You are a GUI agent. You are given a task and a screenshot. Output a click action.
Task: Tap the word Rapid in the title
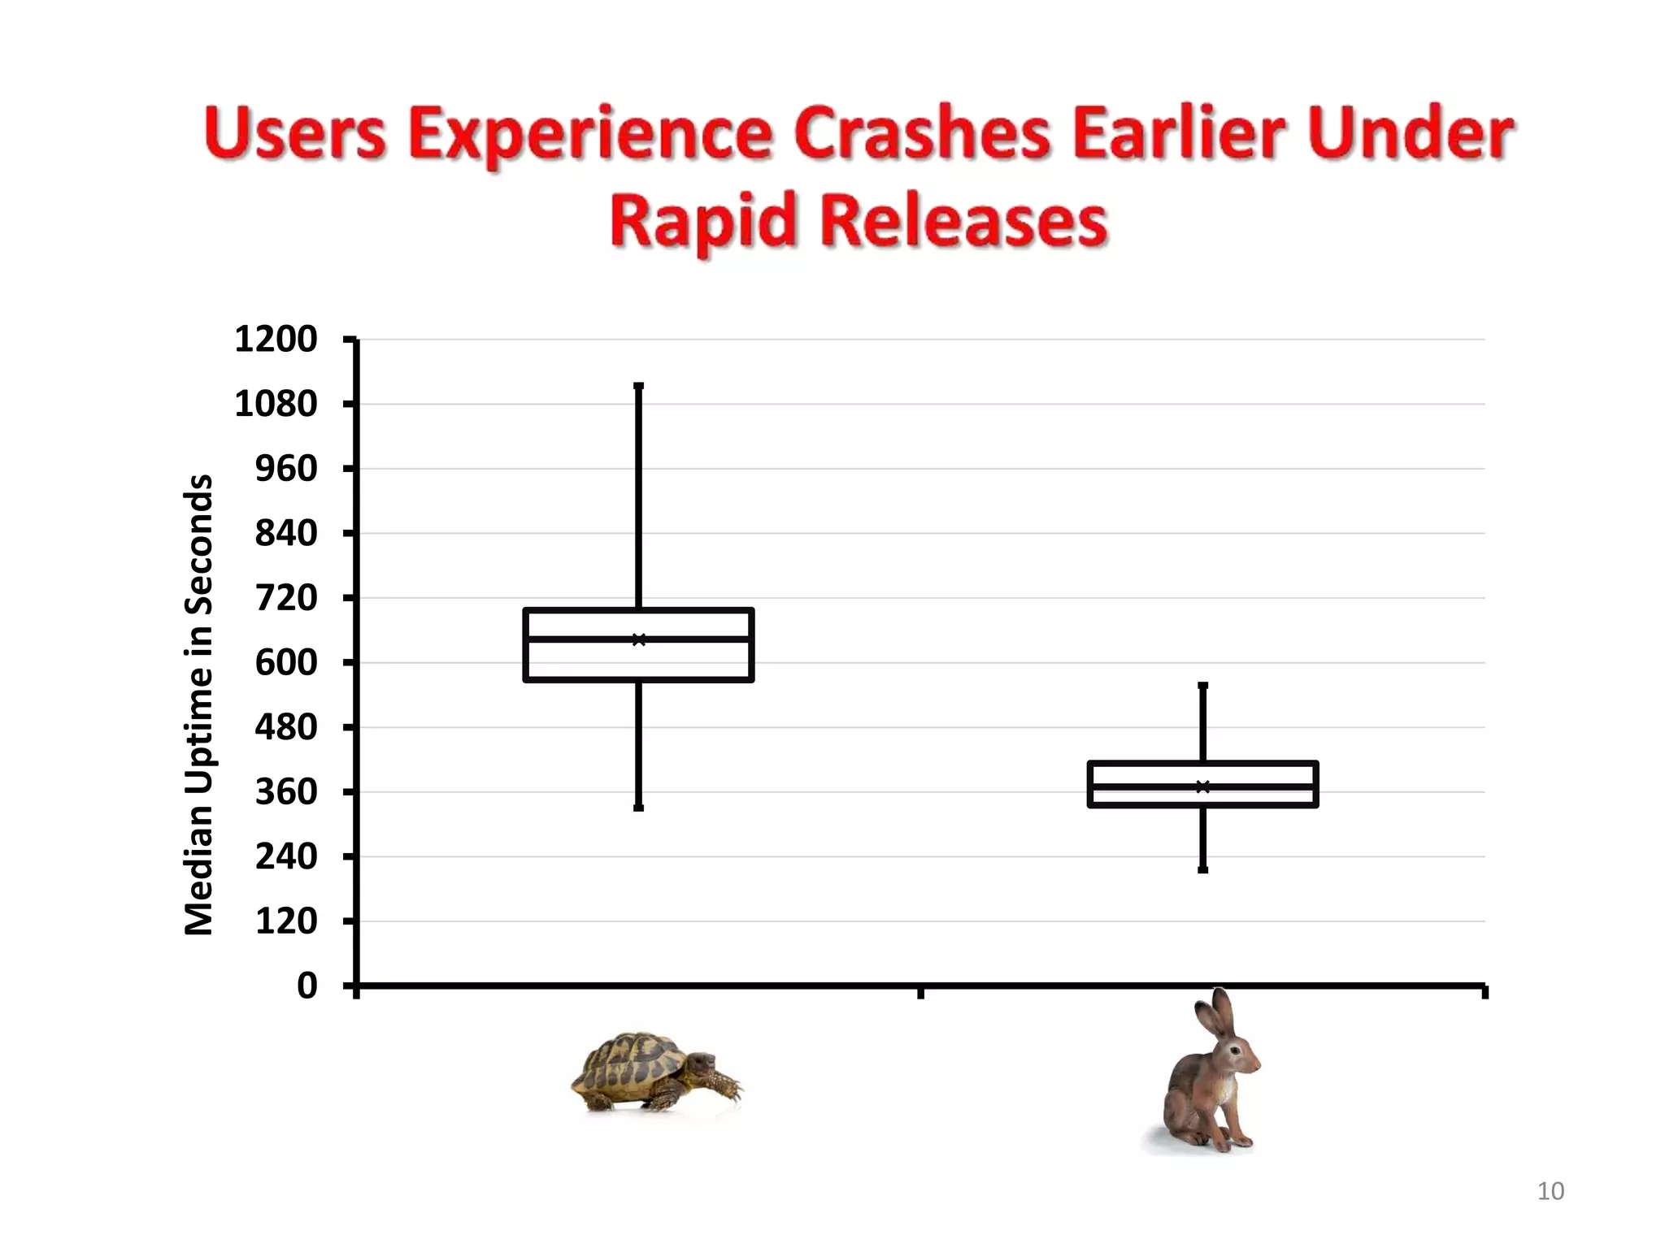pyautogui.click(x=702, y=221)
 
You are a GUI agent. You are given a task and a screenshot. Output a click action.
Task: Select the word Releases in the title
pyautogui.click(x=965, y=221)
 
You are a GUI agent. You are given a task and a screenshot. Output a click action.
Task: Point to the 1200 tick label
pyautogui.click(x=276, y=340)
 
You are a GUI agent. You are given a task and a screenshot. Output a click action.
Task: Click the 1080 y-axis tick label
pyautogui.click(x=276, y=404)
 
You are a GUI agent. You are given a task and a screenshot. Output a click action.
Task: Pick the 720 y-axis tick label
pyautogui.click(x=286, y=598)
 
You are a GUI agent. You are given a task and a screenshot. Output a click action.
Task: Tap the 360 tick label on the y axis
pyautogui.click(x=286, y=792)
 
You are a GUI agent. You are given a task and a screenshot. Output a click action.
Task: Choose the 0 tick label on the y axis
pyautogui.click(x=307, y=986)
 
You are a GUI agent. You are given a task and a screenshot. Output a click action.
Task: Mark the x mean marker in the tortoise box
pyautogui.click(x=639, y=640)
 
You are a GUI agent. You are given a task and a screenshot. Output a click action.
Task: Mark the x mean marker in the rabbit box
pyautogui.click(x=1203, y=786)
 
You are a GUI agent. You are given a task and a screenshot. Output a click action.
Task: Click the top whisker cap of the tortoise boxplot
pyautogui.click(x=639, y=387)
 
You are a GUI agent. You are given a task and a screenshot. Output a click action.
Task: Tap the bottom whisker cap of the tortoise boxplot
pyautogui.click(x=639, y=808)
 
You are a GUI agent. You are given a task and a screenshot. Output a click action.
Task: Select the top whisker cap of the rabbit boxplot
pyautogui.click(x=1203, y=686)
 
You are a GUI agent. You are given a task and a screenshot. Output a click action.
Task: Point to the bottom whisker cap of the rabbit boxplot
pyautogui.click(x=1203, y=870)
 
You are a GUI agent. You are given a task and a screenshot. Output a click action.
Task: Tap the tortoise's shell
pyautogui.click(x=630, y=1060)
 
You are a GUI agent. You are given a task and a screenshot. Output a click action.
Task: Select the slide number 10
pyautogui.click(x=1550, y=1191)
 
